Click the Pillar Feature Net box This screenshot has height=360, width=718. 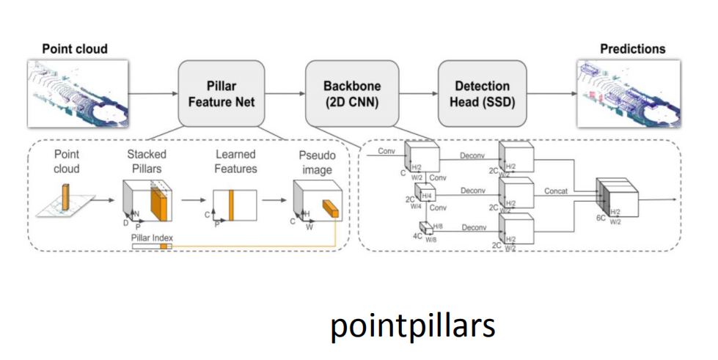tap(221, 94)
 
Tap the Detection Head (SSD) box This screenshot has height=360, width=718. tap(483, 94)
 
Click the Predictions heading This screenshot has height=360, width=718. tap(633, 49)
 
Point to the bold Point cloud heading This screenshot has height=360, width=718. tap(75, 49)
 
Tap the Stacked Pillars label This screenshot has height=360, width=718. tap(147, 161)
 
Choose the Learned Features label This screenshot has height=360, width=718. tap(236, 161)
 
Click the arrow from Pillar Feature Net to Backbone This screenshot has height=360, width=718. tap(280, 94)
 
